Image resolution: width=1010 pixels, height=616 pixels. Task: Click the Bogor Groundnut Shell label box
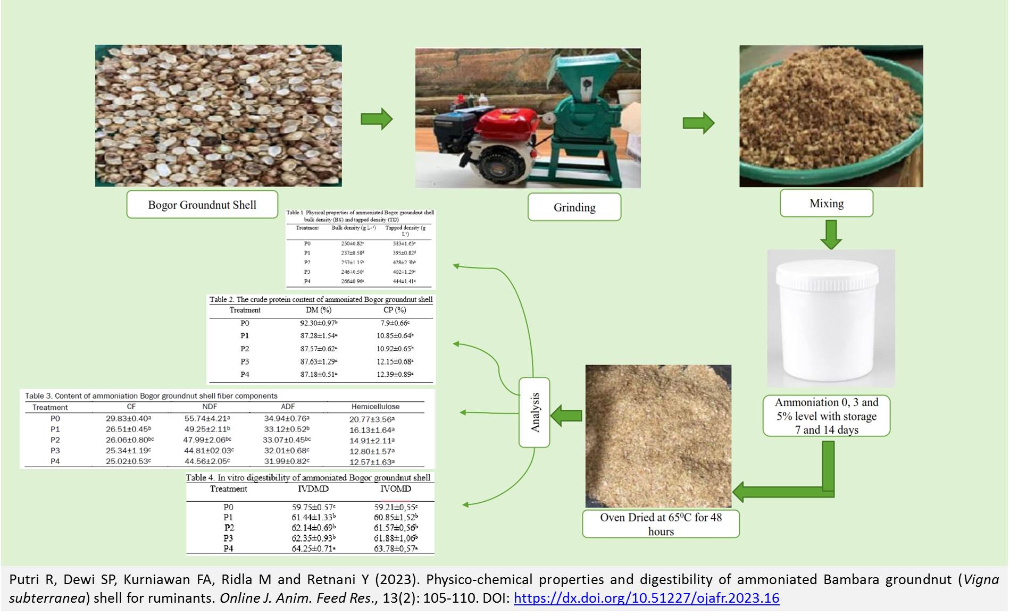(202, 205)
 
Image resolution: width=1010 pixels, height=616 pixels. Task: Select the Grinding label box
(574, 207)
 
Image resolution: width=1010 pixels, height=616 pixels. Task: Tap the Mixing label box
(827, 204)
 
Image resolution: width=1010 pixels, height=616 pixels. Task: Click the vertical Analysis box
(535, 412)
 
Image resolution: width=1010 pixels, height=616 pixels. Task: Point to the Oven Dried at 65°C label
(661, 524)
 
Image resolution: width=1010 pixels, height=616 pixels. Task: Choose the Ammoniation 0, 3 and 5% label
(827, 416)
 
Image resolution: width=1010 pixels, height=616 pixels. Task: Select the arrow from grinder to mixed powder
(698, 123)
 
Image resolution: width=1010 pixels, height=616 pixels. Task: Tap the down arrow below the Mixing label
(831, 234)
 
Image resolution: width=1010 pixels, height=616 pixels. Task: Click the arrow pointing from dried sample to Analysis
(566, 415)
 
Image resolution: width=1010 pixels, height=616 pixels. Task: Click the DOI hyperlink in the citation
(646, 598)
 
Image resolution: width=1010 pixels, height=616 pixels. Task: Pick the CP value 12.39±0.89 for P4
(395, 375)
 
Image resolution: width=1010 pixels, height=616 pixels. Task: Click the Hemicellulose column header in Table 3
(375, 407)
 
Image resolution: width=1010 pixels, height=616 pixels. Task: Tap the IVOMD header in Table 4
(395, 489)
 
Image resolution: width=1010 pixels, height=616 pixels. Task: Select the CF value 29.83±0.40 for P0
(128, 419)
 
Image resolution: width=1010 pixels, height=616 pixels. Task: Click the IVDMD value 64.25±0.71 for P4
(313, 549)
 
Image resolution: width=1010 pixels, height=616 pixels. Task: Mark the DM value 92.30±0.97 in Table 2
(318, 323)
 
